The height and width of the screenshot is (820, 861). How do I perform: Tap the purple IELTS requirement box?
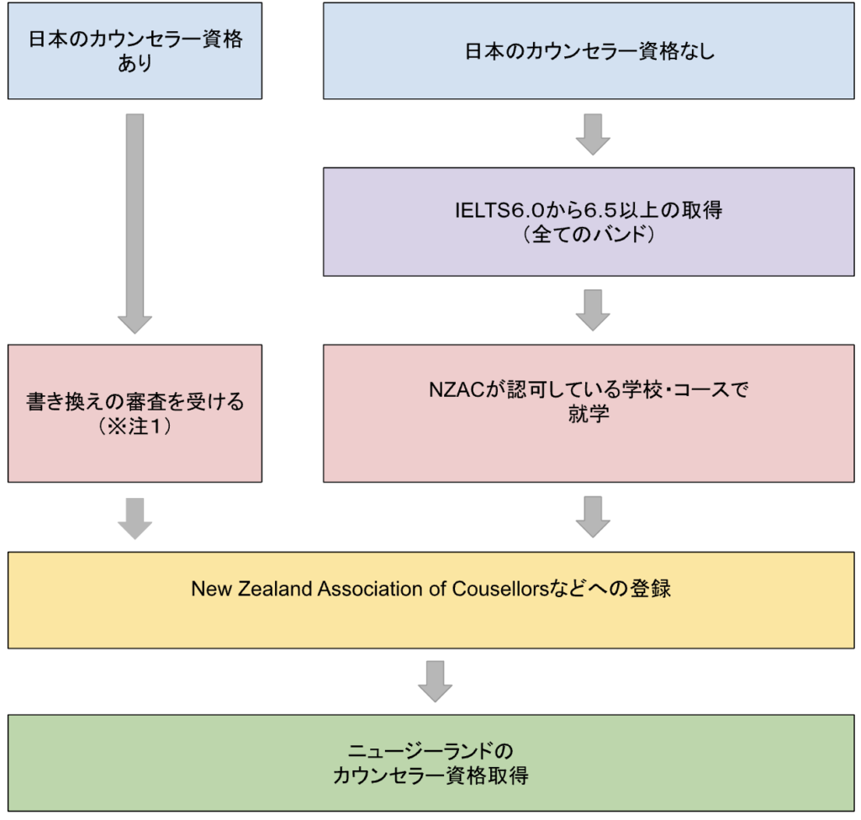coord(589,221)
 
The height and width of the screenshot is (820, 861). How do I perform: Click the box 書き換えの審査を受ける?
coord(135,413)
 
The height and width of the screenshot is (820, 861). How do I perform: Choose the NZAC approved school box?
coord(589,413)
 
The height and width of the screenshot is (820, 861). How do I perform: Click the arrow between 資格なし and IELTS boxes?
coord(593,134)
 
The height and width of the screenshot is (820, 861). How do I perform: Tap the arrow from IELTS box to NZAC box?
coord(593,309)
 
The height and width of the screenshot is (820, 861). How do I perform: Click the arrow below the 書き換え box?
coord(135,516)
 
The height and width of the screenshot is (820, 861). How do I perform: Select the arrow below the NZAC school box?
coord(593,516)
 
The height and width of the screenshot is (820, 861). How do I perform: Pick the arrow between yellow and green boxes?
coord(435,680)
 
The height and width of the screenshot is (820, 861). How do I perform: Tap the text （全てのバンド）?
coord(589,235)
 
